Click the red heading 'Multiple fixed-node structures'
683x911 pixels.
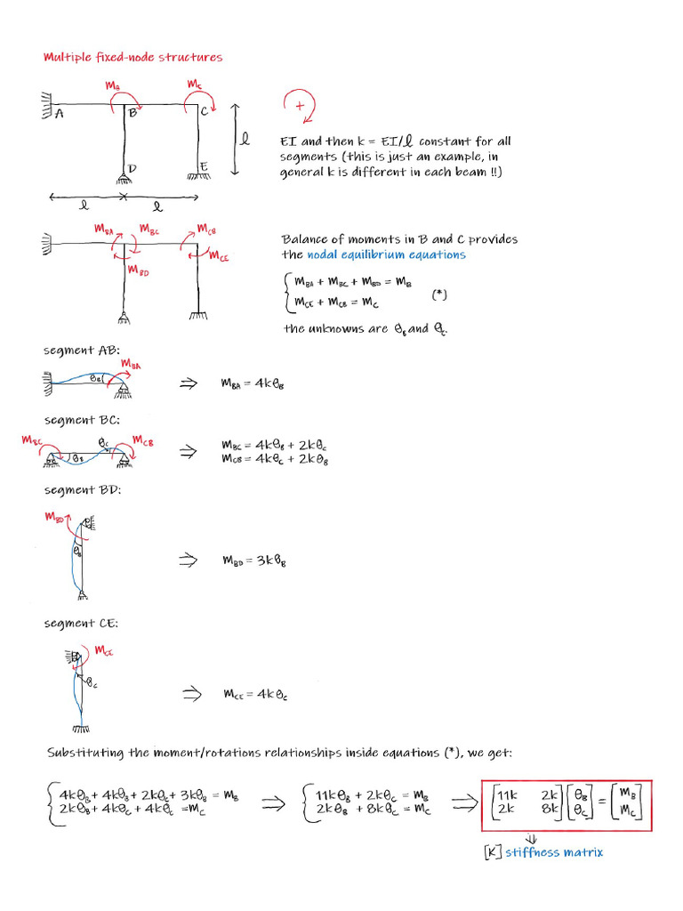(133, 58)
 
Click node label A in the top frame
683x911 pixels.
(59, 114)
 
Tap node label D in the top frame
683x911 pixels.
(132, 168)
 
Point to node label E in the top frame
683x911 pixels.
(204, 166)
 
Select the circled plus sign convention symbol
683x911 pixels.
(299, 106)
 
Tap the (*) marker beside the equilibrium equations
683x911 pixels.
(438, 292)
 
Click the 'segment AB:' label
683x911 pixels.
(76, 350)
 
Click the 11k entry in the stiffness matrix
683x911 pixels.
(506, 794)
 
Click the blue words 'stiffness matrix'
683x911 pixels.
(554, 852)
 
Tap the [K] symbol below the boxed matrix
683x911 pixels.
(492, 852)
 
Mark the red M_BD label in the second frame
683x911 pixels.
(138, 270)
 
